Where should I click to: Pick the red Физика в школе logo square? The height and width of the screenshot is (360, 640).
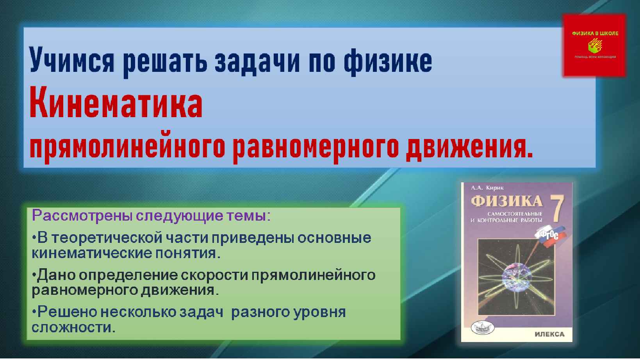point(594,46)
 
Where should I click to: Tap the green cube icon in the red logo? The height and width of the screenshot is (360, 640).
point(595,46)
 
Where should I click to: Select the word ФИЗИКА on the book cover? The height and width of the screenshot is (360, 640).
point(507,201)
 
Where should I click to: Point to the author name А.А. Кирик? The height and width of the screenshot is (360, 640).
point(487,188)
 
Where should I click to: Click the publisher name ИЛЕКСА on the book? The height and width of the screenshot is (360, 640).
point(549,334)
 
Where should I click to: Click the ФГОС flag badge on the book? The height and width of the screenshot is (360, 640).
point(549,235)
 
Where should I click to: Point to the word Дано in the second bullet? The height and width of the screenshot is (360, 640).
point(55,275)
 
